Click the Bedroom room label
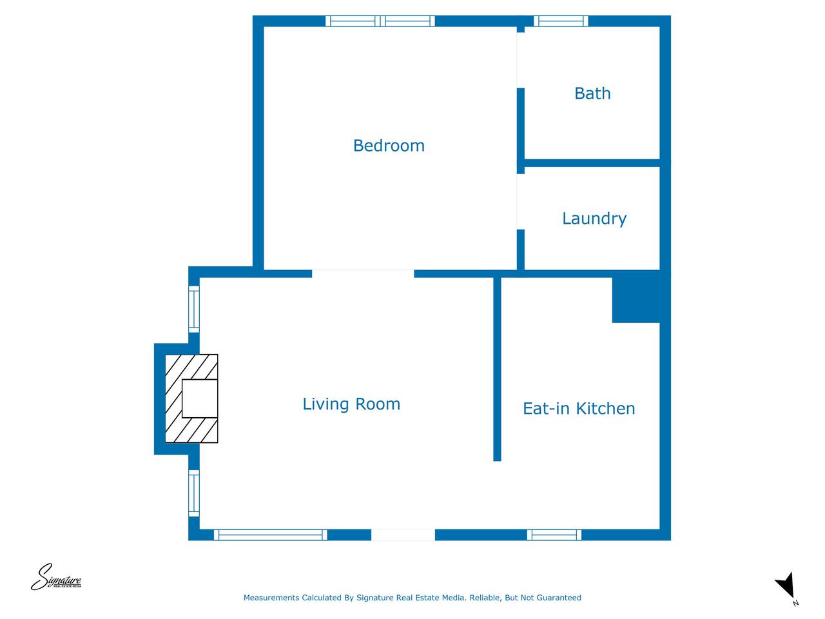tap(389, 146)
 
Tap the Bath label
tap(592, 93)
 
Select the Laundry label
tap(594, 219)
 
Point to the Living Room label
tap(351, 404)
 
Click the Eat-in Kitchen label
tap(579, 409)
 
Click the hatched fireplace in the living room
tap(191, 398)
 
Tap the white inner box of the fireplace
tap(200, 398)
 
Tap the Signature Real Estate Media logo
tap(56, 577)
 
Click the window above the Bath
tap(561, 21)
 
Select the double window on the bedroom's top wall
tap(380, 21)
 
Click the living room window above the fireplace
tap(194, 309)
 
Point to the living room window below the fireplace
tap(194, 493)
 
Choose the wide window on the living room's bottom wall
tap(271, 535)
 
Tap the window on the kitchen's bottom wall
tap(554, 535)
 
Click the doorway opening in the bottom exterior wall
tap(403, 535)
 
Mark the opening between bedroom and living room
tap(363, 273)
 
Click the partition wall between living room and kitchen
tap(497, 369)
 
